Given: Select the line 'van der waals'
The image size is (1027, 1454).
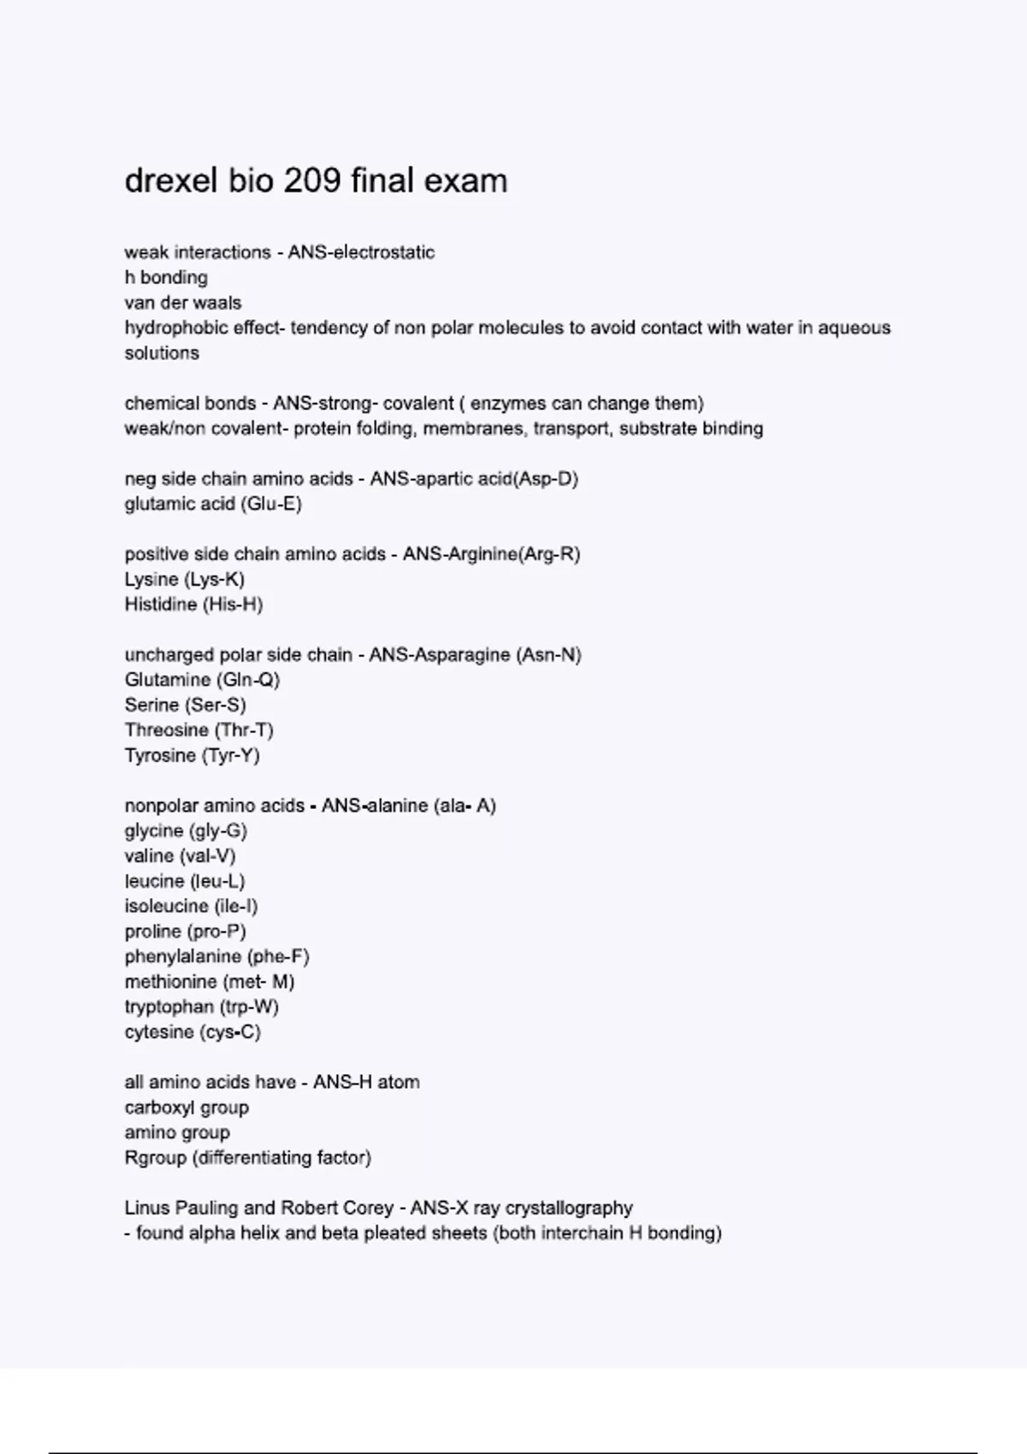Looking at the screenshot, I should (x=183, y=303).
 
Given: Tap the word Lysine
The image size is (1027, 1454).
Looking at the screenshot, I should (x=151, y=579).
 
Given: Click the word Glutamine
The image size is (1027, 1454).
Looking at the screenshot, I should (x=168, y=680).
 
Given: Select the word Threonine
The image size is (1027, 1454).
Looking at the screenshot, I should (x=167, y=730).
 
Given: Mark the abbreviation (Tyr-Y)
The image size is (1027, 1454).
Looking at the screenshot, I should (x=230, y=755).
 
